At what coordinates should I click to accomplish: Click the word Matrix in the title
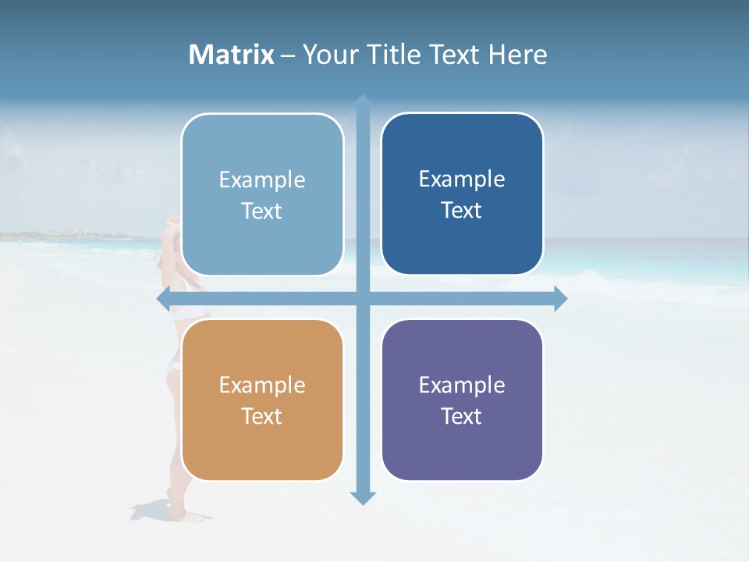[x=232, y=55]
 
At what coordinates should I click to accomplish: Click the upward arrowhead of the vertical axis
[x=363, y=101]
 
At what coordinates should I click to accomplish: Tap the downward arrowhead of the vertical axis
[x=363, y=497]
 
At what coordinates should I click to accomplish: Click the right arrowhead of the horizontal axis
[x=560, y=298]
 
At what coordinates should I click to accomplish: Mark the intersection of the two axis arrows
[x=363, y=298]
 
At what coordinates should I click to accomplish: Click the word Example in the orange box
[x=262, y=385]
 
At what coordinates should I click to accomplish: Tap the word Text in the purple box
[x=462, y=416]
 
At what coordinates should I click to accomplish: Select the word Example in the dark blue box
[x=462, y=179]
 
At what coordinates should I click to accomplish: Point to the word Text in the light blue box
[x=262, y=211]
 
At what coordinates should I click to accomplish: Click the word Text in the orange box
[x=262, y=416]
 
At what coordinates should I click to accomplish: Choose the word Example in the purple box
[x=462, y=385]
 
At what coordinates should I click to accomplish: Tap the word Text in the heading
[x=453, y=55]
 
